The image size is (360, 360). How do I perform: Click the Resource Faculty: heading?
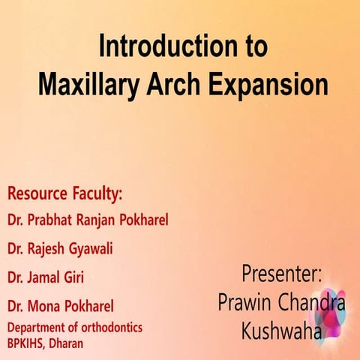(64, 193)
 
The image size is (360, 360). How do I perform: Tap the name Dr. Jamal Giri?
(45, 277)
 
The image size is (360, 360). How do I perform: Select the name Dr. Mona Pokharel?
(61, 306)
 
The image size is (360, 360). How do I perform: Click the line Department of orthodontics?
(75, 327)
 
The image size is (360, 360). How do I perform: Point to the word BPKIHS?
(27, 343)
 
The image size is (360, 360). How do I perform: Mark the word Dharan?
(67, 343)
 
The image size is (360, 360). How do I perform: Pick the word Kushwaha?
(281, 330)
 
